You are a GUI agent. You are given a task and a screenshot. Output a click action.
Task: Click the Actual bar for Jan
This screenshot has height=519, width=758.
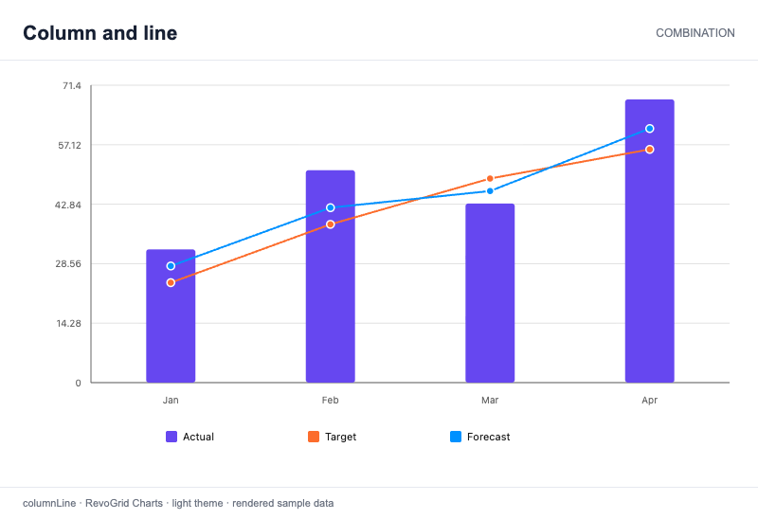tap(171, 316)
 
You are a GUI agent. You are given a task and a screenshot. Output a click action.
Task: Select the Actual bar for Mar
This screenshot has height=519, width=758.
tap(490, 294)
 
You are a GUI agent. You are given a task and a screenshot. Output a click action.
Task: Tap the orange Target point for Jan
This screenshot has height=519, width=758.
tap(171, 282)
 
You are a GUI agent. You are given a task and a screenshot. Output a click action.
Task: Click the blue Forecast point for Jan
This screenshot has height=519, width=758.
tap(171, 266)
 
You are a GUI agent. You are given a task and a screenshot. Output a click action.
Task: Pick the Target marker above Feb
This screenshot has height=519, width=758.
tap(330, 224)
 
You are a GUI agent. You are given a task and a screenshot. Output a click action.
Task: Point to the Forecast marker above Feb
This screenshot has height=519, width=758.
tap(330, 207)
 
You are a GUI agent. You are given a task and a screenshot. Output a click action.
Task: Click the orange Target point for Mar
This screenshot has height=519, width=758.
tap(490, 179)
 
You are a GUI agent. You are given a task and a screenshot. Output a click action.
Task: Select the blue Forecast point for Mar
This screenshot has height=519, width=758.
tap(490, 191)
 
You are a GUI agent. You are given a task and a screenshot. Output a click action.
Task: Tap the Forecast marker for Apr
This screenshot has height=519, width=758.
tap(650, 129)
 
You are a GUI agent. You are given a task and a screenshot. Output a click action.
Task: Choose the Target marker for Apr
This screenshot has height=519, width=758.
tap(650, 150)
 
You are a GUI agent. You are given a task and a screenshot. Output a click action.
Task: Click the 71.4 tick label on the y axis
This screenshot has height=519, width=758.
tap(72, 86)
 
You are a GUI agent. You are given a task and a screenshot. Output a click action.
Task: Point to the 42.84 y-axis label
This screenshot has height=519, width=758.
tap(68, 205)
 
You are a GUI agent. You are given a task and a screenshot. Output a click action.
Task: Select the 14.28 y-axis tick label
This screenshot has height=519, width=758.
tap(68, 324)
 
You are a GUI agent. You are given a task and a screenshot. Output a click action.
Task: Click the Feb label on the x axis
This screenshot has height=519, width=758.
tap(330, 400)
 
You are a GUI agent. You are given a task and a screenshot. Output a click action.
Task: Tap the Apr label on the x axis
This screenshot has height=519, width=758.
tap(650, 400)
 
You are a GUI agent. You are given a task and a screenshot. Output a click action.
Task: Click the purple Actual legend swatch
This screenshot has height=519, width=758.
tap(171, 437)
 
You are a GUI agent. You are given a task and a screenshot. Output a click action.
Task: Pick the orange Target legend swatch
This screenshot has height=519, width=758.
tap(314, 437)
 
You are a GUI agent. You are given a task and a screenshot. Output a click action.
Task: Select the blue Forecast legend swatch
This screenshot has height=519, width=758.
tap(456, 437)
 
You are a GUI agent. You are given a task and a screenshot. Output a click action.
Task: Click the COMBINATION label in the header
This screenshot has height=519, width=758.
tap(695, 33)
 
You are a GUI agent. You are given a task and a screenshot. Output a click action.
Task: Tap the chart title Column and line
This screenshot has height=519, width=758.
tap(100, 33)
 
